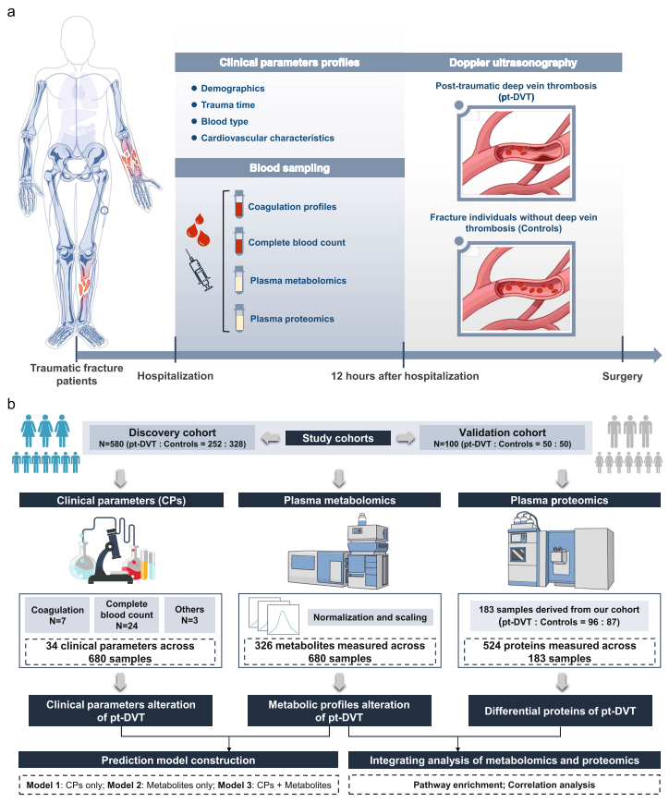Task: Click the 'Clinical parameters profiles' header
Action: coord(277,64)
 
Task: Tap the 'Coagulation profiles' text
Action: coord(292,206)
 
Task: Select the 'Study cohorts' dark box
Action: coord(334,437)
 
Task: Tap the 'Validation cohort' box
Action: coord(502,437)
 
